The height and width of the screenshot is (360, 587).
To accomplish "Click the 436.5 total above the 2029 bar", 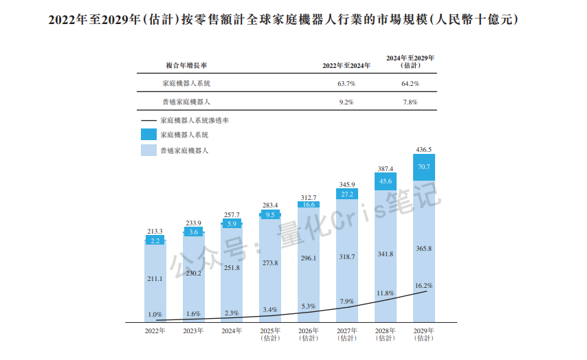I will (x=423, y=148).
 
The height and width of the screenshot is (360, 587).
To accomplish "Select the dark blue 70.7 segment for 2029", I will (x=423, y=167).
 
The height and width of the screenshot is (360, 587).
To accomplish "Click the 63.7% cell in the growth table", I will (x=346, y=83).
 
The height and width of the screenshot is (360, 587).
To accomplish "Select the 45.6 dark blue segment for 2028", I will (x=385, y=181).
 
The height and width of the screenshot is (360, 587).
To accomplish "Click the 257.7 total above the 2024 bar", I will (x=232, y=214).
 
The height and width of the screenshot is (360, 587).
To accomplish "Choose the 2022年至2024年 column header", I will (x=346, y=65).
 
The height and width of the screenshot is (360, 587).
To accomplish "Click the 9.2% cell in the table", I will (x=346, y=102).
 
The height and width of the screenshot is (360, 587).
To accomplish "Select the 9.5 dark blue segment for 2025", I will (x=270, y=214).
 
